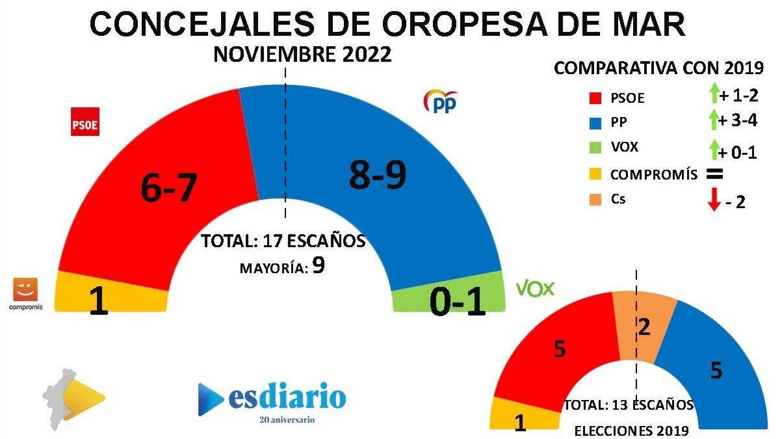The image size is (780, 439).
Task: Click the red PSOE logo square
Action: tap(84, 122)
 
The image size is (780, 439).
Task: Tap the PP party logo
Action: tap(440, 102)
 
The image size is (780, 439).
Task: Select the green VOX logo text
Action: tap(535, 289)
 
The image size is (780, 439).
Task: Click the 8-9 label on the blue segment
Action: tap(378, 176)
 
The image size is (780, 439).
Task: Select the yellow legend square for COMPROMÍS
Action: tap(593, 174)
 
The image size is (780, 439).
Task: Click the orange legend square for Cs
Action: tap(593, 199)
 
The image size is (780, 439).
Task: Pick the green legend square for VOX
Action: tap(593, 148)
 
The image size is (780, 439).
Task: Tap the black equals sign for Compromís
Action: tap(714, 174)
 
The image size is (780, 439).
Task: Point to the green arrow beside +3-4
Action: tap(713, 120)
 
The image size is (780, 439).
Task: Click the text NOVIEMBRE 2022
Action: tap(302, 55)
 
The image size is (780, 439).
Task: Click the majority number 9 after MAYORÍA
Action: tap(318, 265)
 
